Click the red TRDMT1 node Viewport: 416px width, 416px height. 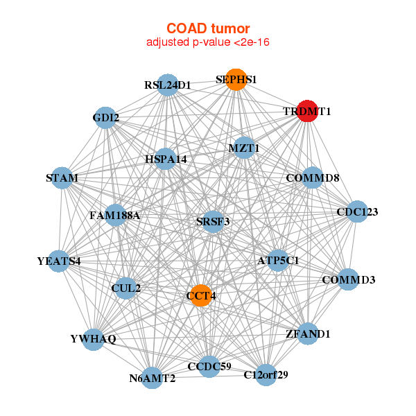[x=307, y=111]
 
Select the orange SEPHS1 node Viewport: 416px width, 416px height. [x=236, y=80]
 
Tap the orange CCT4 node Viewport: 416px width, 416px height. [x=200, y=295]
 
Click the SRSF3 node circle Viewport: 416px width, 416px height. [x=213, y=221]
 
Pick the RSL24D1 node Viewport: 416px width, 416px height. [x=168, y=85]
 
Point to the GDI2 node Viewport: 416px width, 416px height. [x=106, y=117]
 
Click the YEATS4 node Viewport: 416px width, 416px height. [x=60, y=261]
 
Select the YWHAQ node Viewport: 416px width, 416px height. [x=94, y=339]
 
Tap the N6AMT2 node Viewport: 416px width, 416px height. [x=153, y=378]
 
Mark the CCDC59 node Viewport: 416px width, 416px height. [x=209, y=365]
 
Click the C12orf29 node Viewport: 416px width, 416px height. [x=266, y=374]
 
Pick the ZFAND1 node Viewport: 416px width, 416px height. [x=308, y=333]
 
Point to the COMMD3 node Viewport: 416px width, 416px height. [x=348, y=280]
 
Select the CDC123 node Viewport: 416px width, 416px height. [x=357, y=211]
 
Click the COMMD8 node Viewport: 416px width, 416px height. [x=313, y=178]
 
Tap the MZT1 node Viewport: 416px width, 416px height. [x=244, y=148]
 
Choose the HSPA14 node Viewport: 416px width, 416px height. [x=166, y=159]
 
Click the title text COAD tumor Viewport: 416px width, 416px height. [x=207, y=28]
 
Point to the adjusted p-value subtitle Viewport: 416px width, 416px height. [x=207, y=42]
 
